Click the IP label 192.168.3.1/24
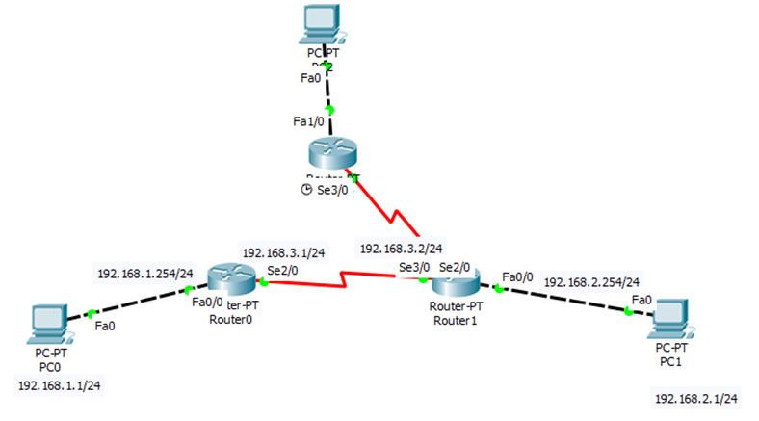[282, 252]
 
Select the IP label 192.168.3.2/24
[401, 249]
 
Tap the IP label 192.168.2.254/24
[591, 282]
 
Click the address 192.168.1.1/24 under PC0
[59, 385]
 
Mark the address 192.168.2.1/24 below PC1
[695, 398]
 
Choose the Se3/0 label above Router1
[415, 267]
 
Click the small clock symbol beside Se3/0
[306, 190]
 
